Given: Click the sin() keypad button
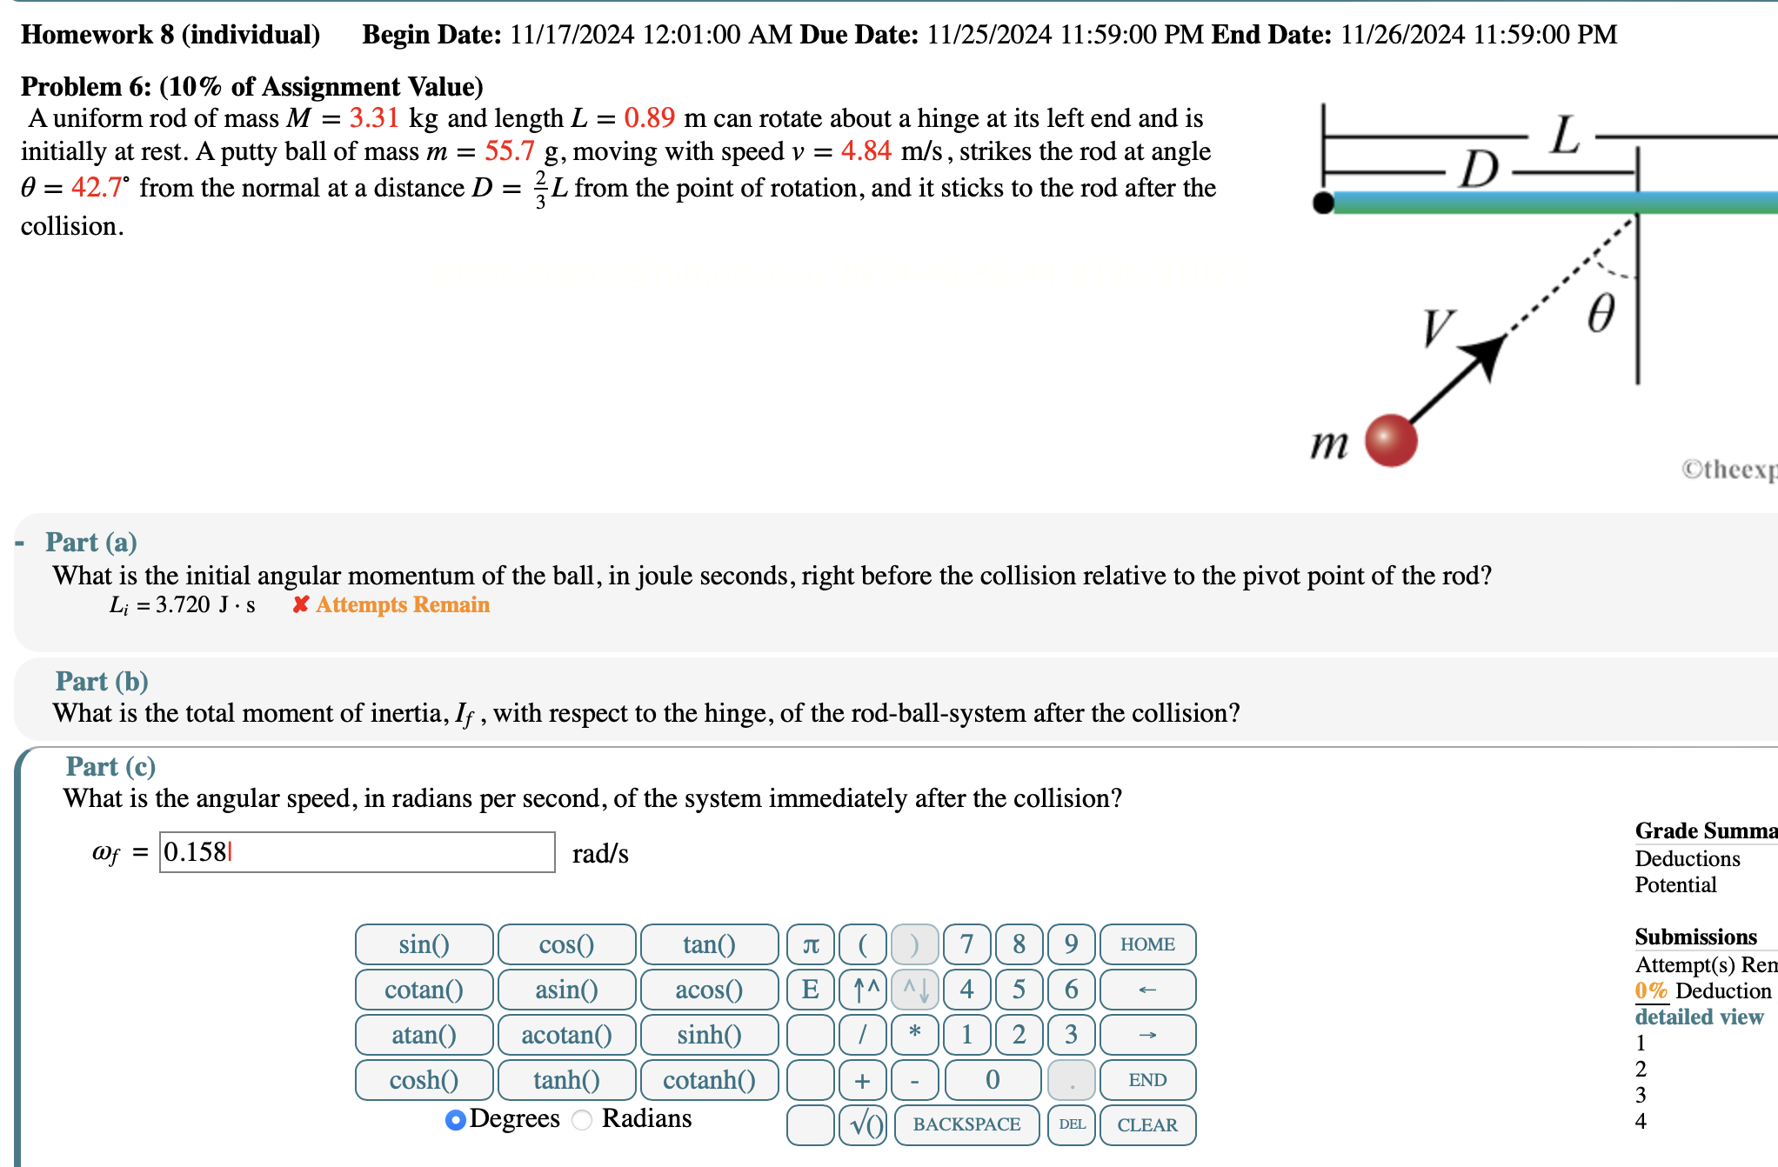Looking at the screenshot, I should pos(424,944).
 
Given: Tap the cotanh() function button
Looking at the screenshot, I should pos(709,1080).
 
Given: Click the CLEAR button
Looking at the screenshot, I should pos(1147,1124).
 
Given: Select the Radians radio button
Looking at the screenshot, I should pos(582,1120).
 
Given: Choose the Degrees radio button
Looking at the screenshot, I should pos(455,1120).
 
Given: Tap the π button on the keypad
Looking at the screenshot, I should pos(811,944).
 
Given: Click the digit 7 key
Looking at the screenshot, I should pos(966,944).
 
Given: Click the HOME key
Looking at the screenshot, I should pos(1147,944).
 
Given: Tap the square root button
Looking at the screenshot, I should pos(864,1124).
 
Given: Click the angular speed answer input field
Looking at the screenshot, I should pos(357,852).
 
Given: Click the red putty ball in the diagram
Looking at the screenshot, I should pos(1391,440).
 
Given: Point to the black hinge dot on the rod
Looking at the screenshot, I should pos(1323,203).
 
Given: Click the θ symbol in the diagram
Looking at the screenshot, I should pos(1601,313).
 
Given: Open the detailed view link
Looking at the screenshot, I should pos(1699,1017).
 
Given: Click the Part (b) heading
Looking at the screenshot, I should pos(102,681).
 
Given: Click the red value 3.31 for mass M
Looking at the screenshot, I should pos(374,118).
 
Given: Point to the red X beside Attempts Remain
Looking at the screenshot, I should pos(301,604).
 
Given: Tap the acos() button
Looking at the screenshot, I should pos(709,990).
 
